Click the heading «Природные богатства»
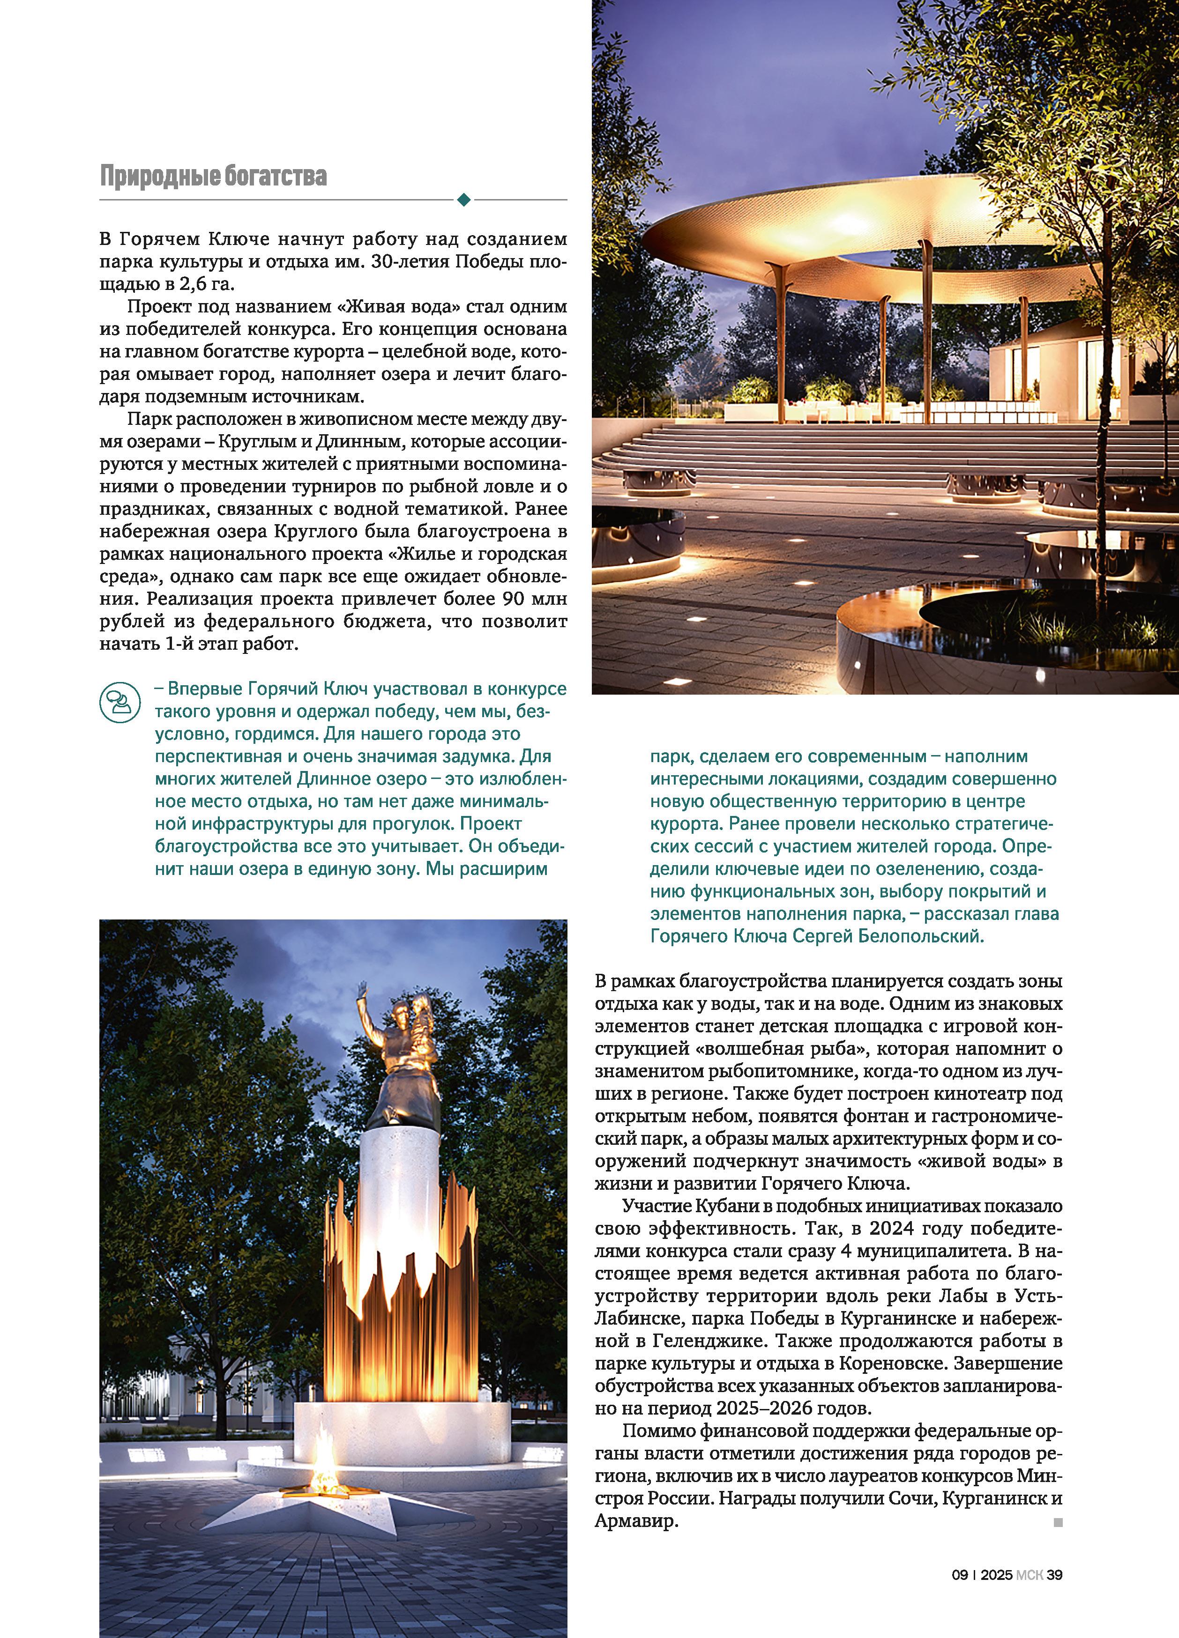213,176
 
